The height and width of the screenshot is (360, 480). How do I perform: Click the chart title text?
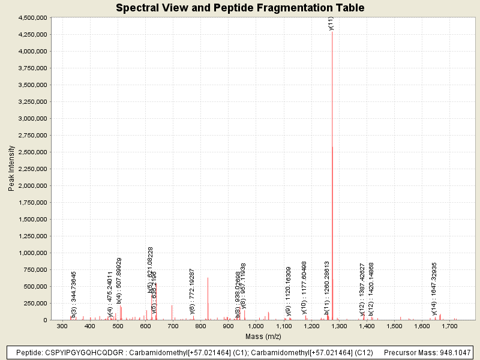click(240, 8)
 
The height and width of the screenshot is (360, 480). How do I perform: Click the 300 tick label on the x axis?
click(62, 326)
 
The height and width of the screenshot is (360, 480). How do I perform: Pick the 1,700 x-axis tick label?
click(451, 326)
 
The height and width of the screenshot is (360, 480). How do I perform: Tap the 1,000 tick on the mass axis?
click(256, 326)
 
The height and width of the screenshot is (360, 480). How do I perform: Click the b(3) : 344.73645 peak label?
click(74, 293)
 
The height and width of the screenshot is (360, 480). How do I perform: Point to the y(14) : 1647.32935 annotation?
click(434, 288)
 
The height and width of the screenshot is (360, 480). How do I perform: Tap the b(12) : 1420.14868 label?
click(371, 289)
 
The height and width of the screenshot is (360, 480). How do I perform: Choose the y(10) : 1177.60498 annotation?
click(304, 287)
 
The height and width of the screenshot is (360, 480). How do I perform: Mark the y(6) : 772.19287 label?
click(192, 292)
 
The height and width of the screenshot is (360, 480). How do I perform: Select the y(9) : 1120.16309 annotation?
click(289, 290)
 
